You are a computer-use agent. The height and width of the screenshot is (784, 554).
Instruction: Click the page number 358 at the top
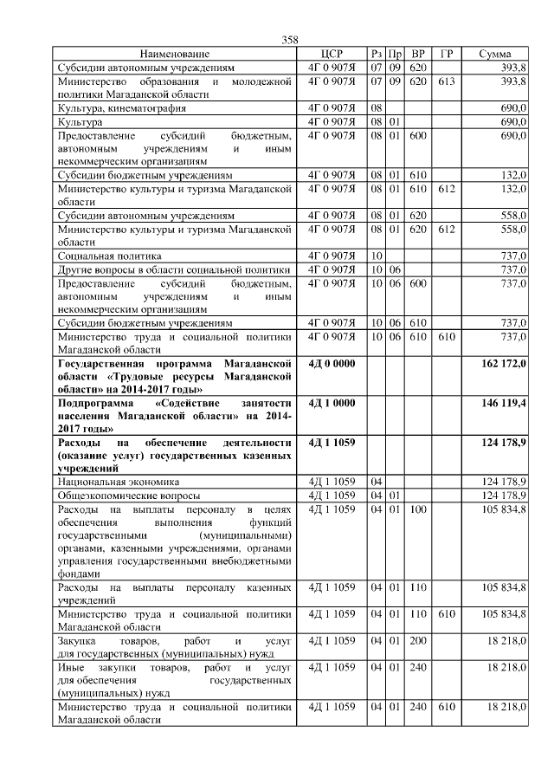pos(290,41)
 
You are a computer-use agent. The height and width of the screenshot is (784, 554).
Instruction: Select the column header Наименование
pos(173,54)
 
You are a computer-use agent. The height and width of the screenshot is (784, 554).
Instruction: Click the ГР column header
pos(446,54)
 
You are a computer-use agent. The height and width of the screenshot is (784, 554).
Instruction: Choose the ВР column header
pos(418,54)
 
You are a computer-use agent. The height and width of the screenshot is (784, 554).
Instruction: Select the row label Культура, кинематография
pos(121,108)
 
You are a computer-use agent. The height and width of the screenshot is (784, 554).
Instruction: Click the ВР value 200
pos(418,641)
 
